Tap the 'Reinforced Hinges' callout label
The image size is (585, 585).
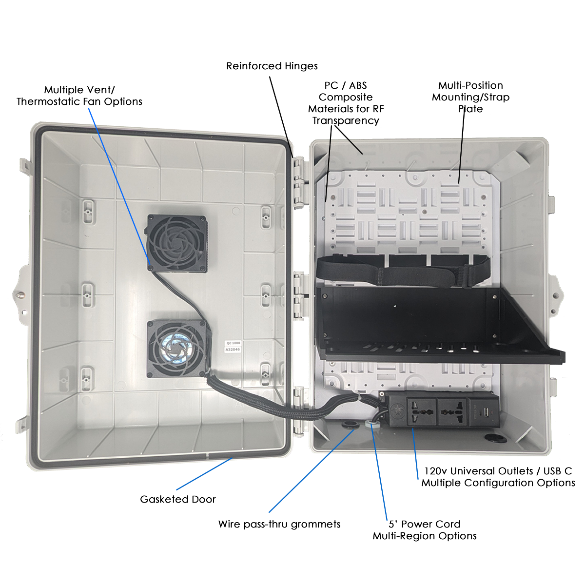pyautogui.click(x=272, y=66)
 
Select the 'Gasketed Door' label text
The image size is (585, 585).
pyautogui.click(x=177, y=499)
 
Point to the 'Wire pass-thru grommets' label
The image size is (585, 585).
pyautogui.click(x=279, y=524)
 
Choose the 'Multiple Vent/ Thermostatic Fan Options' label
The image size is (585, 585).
pyautogui.click(x=79, y=96)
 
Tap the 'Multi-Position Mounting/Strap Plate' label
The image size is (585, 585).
pyautogui.click(x=470, y=97)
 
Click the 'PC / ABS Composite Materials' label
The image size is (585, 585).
pyautogui.click(x=346, y=103)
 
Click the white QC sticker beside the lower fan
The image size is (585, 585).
pyautogui.click(x=233, y=347)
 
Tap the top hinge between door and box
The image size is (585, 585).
pyautogui.click(x=299, y=181)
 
